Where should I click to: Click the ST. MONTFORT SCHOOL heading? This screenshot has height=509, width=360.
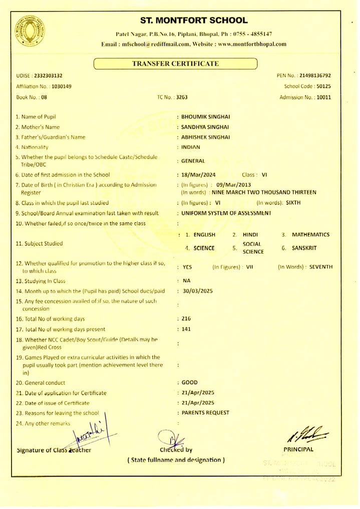click(x=194, y=21)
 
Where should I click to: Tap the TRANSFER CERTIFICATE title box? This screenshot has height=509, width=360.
click(x=175, y=64)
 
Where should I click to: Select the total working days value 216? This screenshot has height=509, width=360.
click(x=186, y=319)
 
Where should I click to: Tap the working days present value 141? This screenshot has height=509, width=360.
click(x=186, y=329)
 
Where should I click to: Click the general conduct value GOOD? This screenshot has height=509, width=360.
click(x=189, y=382)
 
